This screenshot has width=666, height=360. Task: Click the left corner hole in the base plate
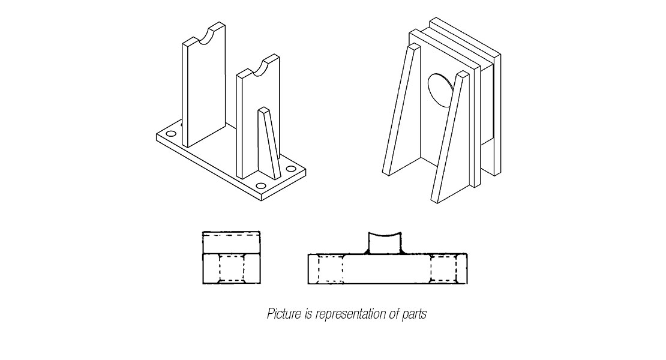[171, 134]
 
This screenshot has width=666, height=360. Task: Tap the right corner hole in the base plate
[291, 169]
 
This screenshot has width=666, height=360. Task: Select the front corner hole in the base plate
[261, 186]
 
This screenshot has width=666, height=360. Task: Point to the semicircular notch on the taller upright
[209, 35]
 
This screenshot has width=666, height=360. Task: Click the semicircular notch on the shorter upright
[262, 67]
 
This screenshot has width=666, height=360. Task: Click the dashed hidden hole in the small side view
[232, 268]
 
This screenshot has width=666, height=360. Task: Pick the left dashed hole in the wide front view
[330, 268]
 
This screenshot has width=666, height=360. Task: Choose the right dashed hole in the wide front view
[443, 268]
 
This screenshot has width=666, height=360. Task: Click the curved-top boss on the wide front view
[385, 244]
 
